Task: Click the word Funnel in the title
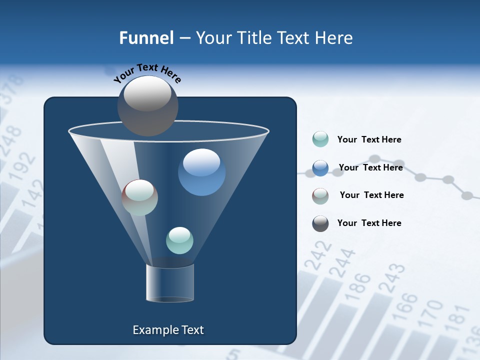(146, 37)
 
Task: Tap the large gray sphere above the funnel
(147, 105)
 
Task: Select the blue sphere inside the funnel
(201, 172)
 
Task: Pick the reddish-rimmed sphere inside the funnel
(140, 197)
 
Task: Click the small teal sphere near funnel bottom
(179, 240)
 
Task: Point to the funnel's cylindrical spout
(169, 283)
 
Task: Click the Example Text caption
(168, 330)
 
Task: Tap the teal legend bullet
(320, 139)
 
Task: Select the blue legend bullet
(320, 168)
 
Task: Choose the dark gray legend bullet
(320, 223)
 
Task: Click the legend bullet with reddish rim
(320, 196)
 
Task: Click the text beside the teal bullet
(369, 139)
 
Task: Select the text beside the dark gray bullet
(369, 223)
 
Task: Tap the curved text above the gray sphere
(147, 73)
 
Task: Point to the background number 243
(392, 278)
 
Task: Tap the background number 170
(430, 312)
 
